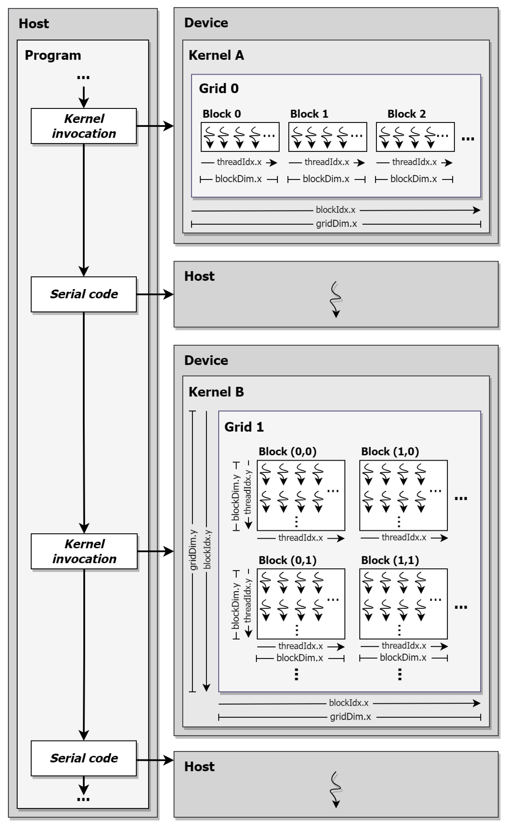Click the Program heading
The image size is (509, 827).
tap(53, 55)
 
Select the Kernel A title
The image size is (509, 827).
tap(216, 55)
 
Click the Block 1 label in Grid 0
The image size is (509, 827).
tap(309, 114)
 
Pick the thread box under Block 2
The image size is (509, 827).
tap(415, 137)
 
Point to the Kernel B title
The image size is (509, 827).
tap(216, 392)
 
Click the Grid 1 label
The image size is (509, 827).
tap(244, 427)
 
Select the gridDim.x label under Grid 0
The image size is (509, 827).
tap(336, 224)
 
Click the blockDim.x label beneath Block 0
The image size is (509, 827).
tap(238, 179)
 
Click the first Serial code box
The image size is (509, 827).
tap(84, 294)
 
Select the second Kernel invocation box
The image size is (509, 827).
tap(84, 551)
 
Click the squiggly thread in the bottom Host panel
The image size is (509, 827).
tap(336, 789)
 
